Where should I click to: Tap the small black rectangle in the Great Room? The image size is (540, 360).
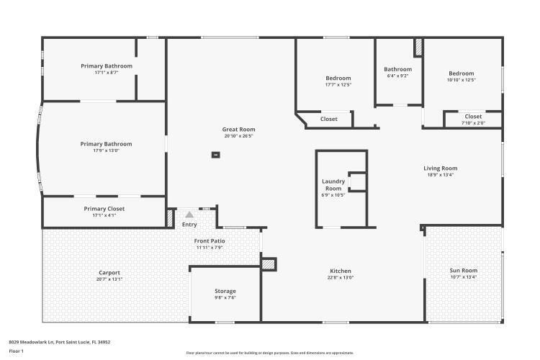click(215, 154)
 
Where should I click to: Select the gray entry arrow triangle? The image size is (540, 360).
click(189, 214)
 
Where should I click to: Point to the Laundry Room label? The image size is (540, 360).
click(333, 184)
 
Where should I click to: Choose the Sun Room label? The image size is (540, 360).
click(464, 271)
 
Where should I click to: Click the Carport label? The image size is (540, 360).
click(109, 272)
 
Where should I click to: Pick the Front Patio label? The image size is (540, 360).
click(210, 241)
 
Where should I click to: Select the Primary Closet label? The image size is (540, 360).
click(104, 209)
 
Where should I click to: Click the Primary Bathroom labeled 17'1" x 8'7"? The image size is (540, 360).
click(106, 66)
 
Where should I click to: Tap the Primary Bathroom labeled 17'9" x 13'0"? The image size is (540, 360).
click(106, 144)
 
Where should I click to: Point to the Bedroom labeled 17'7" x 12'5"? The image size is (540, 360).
click(338, 78)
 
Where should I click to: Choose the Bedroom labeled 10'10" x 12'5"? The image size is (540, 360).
click(462, 73)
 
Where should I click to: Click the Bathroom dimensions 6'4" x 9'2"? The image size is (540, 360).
click(397, 76)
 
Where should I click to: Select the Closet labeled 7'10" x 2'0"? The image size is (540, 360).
click(473, 122)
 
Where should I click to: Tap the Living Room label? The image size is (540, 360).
click(440, 168)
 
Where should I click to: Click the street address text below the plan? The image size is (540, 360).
click(59, 342)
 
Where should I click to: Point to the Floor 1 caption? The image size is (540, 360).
click(17, 351)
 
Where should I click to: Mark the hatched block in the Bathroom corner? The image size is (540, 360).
click(418, 48)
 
